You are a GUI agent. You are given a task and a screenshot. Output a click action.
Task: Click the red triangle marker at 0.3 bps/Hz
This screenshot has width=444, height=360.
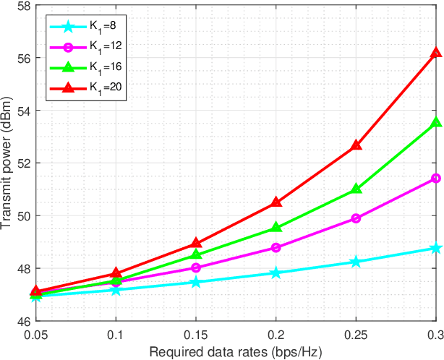click(x=435, y=53)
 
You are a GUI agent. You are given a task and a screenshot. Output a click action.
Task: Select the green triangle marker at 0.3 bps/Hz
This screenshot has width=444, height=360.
click(x=435, y=123)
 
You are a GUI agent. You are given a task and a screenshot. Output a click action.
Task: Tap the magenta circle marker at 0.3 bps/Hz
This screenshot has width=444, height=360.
click(x=435, y=178)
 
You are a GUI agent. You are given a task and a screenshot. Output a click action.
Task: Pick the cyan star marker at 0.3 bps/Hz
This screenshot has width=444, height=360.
click(x=435, y=248)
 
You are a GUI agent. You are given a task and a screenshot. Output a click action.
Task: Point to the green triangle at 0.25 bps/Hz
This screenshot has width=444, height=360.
click(x=356, y=189)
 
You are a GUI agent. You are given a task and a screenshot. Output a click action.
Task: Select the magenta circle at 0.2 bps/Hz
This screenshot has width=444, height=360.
click(x=276, y=247)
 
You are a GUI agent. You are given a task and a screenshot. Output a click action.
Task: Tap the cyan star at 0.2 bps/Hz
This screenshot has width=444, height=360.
click(x=276, y=273)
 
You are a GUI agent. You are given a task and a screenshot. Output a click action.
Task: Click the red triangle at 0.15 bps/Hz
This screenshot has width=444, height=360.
click(x=196, y=244)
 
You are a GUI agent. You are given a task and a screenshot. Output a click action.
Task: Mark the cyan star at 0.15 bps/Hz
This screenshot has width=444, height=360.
click(x=196, y=282)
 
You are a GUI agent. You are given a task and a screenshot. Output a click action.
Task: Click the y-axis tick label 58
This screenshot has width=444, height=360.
click(x=22, y=6)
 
